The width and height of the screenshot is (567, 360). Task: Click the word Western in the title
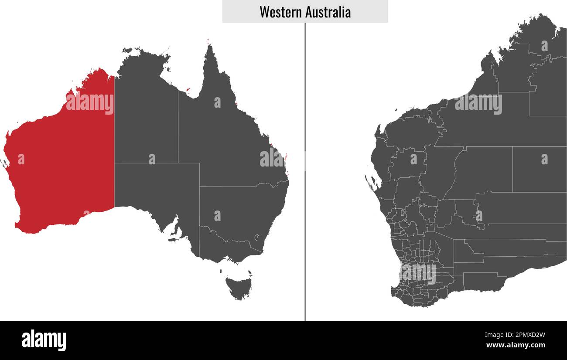(x=277, y=12)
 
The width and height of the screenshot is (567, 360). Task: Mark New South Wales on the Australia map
(x=244, y=209)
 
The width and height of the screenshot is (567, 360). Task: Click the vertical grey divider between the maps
(x=305, y=174)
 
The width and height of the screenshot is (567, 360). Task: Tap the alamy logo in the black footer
(x=44, y=340)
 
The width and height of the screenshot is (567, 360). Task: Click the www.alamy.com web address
(x=516, y=346)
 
